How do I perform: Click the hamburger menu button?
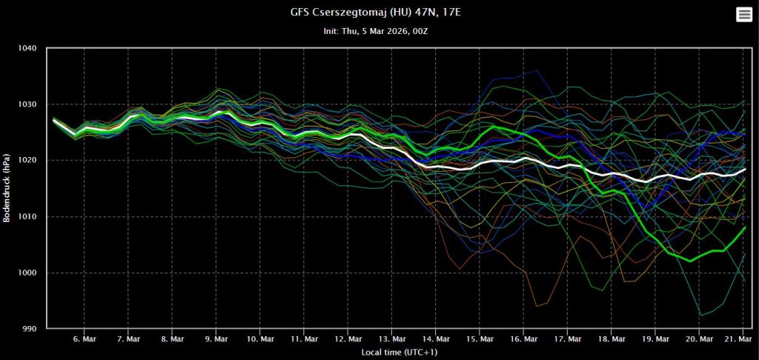point(743,15)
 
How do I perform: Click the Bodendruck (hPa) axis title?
point(8,189)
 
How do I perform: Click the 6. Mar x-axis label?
point(84,339)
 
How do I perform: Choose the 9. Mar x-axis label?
point(216,339)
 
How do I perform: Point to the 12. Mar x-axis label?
point(347,339)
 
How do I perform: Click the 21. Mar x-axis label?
point(734,339)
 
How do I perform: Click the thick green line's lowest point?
point(690,261)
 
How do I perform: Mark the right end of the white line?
point(744,170)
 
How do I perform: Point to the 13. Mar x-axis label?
point(391,339)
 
